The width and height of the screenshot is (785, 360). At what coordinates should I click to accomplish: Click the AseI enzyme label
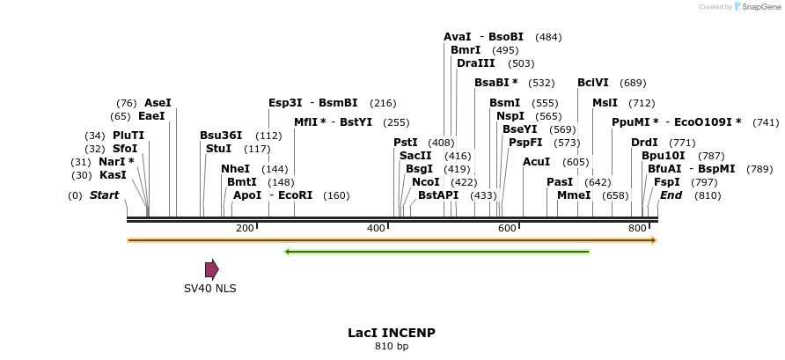[158, 103]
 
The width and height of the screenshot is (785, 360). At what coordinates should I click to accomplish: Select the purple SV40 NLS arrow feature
[211, 269]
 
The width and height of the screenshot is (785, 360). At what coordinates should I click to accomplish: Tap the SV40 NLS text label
[209, 288]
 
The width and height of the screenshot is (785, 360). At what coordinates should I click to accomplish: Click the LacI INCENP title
[392, 333]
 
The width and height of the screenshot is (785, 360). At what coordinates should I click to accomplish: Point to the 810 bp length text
[392, 346]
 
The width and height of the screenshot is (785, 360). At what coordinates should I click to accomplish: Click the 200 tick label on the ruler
[245, 228]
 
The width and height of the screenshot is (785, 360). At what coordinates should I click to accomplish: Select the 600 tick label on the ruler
[507, 228]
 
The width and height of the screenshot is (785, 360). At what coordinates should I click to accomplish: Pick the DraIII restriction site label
[475, 63]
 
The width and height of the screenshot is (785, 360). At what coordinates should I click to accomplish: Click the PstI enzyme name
[405, 143]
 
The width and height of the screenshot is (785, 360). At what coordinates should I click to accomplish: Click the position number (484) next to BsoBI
[548, 37]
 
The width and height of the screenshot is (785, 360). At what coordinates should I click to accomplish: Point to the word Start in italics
[104, 195]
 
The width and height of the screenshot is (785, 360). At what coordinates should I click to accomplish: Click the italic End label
[671, 195]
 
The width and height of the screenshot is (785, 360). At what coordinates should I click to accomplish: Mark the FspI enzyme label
[666, 182]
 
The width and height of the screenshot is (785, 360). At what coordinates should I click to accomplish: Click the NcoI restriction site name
[425, 182]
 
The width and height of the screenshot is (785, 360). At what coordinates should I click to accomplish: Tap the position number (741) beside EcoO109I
[767, 122]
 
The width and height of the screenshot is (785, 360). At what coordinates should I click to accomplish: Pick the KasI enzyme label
[112, 175]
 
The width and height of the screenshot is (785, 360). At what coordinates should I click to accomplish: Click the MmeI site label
[574, 195]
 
